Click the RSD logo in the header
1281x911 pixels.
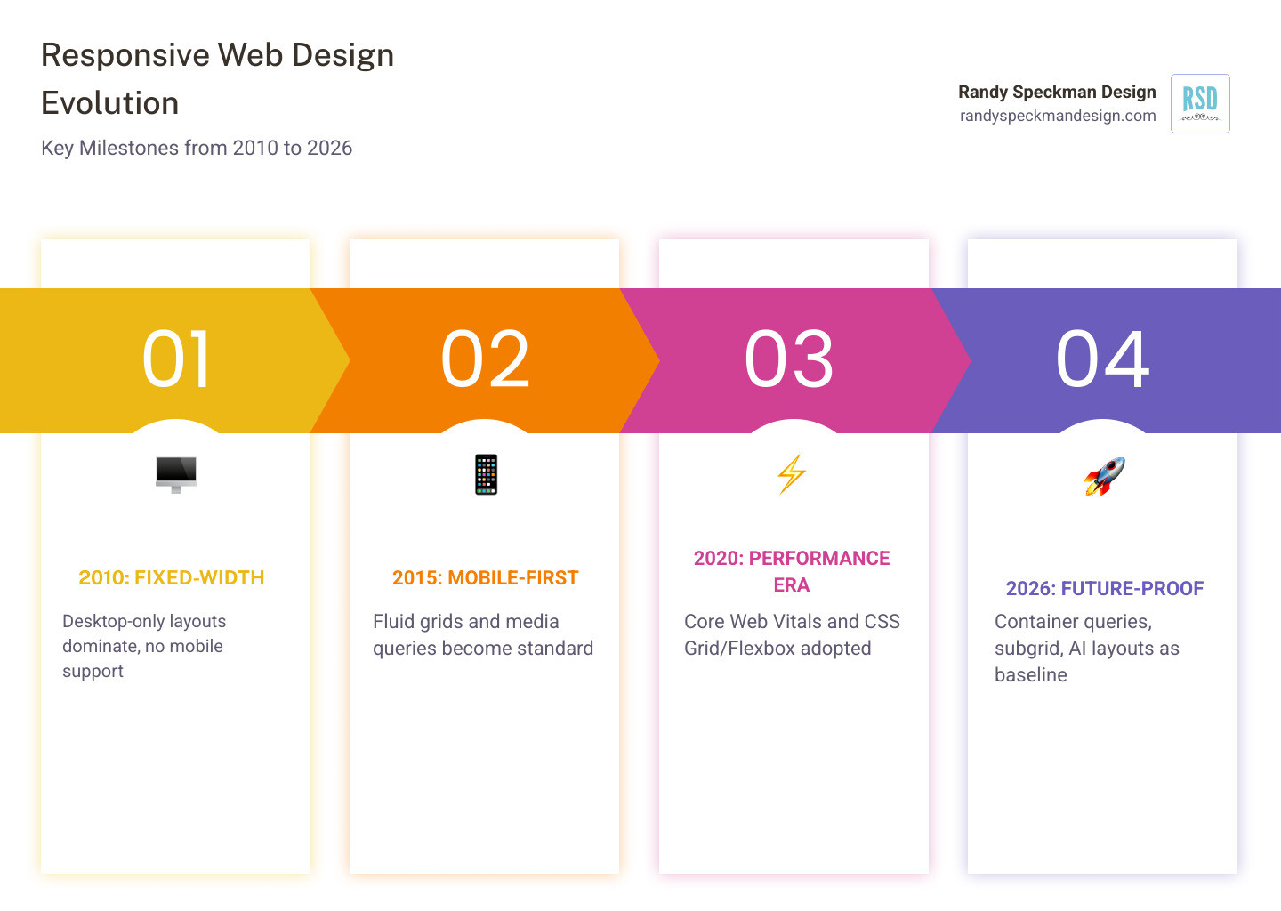(x=1200, y=103)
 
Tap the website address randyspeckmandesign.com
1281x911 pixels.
(x=1058, y=116)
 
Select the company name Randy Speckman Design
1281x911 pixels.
(x=1057, y=92)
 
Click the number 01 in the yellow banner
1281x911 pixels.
(x=177, y=359)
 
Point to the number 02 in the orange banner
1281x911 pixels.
(x=486, y=359)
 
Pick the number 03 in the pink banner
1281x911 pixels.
(x=789, y=359)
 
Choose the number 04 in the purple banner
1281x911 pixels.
(x=1103, y=359)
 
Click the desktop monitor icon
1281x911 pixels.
(x=176, y=474)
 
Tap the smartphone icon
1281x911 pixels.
(x=486, y=474)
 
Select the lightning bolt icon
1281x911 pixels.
(x=792, y=474)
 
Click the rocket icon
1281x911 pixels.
(x=1104, y=477)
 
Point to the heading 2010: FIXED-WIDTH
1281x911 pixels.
(x=172, y=578)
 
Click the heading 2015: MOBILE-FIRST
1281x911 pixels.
(x=486, y=578)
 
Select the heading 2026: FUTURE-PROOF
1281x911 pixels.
(x=1104, y=589)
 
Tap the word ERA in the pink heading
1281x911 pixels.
(x=791, y=585)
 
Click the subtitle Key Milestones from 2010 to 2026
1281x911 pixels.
(x=197, y=148)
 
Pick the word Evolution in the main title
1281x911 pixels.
(x=110, y=103)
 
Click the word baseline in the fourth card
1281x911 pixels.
(x=1030, y=675)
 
